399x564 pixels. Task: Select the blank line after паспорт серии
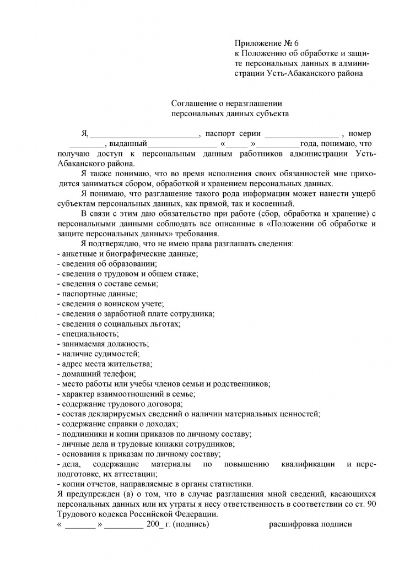click(x=301, y=134)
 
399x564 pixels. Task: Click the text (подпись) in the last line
click(x=190, y=524)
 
